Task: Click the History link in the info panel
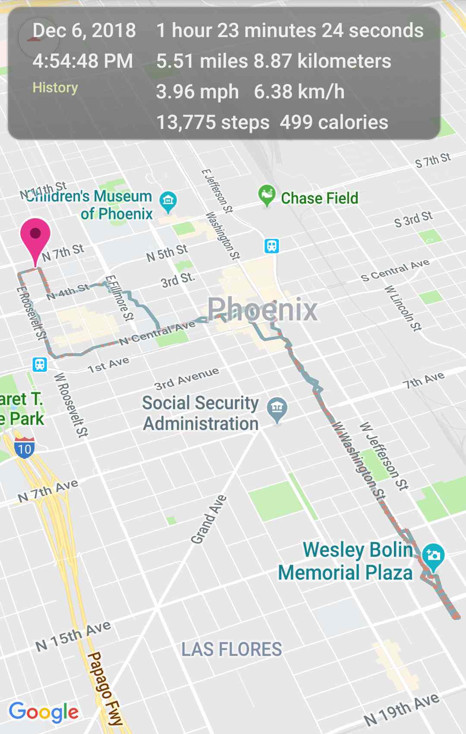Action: [x=55, y=88]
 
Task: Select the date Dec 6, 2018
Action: [x=84, y=31]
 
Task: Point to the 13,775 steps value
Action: [x=213, y=122]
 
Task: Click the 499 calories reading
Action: [x=334, y=122]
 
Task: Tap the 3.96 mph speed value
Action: [x=197, y=92]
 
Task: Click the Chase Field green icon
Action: [x=267, y=195]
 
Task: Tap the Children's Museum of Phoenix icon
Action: [x=168, y=201]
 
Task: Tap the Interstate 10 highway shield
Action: [x=25, y=448]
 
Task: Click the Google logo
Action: [x=44, y=712]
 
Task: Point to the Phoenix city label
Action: [x=262, y=310]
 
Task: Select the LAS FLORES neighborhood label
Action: [x=231, y=649]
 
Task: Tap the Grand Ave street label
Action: [x=208, y=520]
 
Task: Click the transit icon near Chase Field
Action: [x=271, y=246]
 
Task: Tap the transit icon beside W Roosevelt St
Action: [x=40, y=364]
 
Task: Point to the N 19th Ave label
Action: [x=401, y=709]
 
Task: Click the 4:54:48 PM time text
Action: [x=82, y=61]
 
